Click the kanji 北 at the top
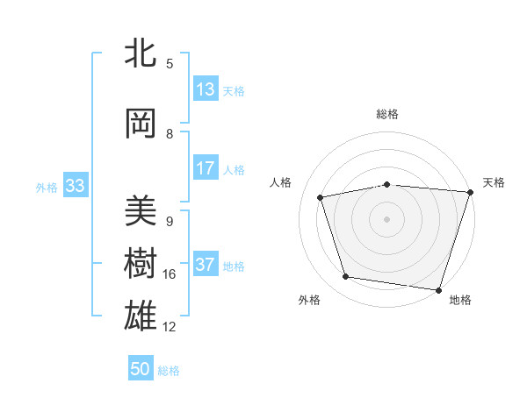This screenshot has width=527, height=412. [141, 54]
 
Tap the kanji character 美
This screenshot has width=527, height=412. [141, 211]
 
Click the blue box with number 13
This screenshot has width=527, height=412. [206, 90]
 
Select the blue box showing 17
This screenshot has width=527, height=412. [206, 169]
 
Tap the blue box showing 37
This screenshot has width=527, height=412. [206, 266]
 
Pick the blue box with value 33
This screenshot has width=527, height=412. [75, 187]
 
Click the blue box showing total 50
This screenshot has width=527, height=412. [141, 370]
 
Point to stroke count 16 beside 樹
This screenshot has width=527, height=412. [170, 274]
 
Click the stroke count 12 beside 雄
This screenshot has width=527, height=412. [170, 327]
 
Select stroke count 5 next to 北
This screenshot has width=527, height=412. [170, 64]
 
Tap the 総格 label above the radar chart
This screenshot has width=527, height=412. [387, 114]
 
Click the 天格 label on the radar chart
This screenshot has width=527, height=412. [495, 182]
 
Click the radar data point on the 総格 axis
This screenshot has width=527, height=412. [387, 184]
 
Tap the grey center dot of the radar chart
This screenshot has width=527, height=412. [387, 218]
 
